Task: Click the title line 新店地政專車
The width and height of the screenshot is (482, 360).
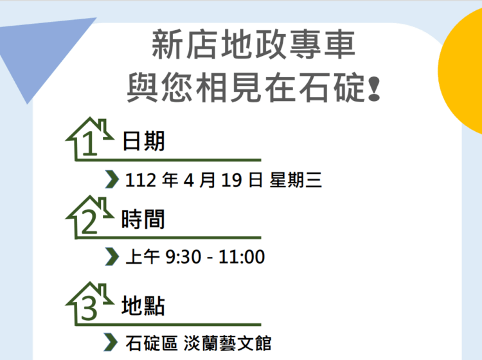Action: coord(253,48)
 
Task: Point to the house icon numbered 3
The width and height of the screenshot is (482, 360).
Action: coord(89,302)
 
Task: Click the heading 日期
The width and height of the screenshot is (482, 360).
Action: coord(143,140)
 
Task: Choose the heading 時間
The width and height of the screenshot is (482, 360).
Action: coord(143,219)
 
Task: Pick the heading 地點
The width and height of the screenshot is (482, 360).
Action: coord(143,306)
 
